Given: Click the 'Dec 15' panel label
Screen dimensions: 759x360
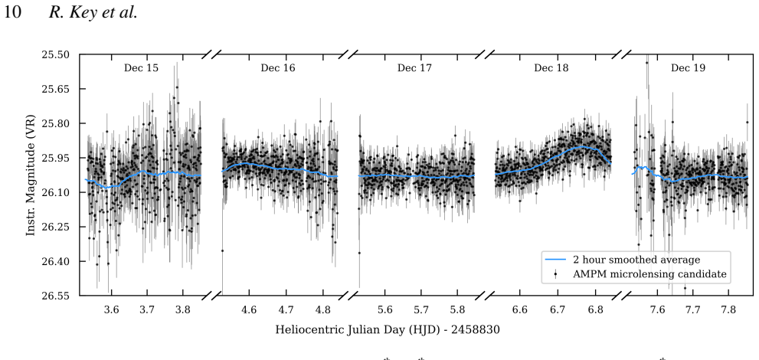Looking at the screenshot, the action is (141, 67).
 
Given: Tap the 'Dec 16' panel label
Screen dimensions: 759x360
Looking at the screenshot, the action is (278, 67).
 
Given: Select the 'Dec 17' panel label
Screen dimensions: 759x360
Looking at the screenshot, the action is (414, 67).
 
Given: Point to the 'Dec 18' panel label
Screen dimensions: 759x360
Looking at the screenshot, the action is (551, 67).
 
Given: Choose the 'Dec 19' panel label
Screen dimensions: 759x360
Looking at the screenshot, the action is (688, 67).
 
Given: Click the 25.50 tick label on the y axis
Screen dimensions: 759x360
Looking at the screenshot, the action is (56, 54).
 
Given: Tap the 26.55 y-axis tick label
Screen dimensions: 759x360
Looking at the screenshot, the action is (56, 296).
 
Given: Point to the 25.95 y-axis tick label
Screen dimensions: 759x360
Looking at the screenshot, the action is (56, 159).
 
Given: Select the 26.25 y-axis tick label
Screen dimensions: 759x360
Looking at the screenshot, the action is (56, 227).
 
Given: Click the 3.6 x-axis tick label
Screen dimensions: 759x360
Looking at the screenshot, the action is (111, 309).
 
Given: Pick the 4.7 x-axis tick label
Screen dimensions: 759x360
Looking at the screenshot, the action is (286, 309).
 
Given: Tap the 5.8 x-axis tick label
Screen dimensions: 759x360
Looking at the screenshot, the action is (457, 309).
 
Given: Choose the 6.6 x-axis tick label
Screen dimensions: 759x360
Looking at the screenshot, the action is (520, 309).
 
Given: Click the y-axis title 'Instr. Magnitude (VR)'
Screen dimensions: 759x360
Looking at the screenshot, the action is (31, 175).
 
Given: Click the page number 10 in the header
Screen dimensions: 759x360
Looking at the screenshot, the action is (12, 12).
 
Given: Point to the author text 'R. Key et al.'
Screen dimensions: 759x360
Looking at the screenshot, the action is (93, 12).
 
